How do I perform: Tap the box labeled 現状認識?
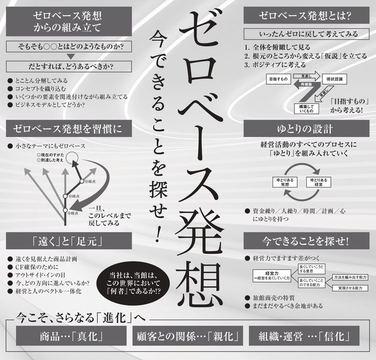(x=337, y=79)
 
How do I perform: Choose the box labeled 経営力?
(x=271, y=275)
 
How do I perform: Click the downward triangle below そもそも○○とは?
(x=70, y=57)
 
